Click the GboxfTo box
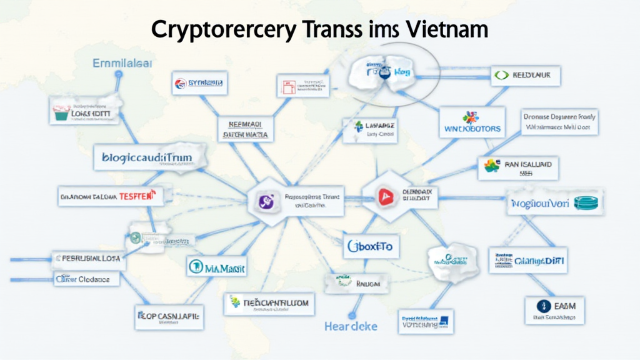[371, 247]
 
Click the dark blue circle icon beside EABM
[542, 306]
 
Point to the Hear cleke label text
[352, 326]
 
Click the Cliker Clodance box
[86, 279]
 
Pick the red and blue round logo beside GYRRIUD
[181, 82]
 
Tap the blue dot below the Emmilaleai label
[119, 74]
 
